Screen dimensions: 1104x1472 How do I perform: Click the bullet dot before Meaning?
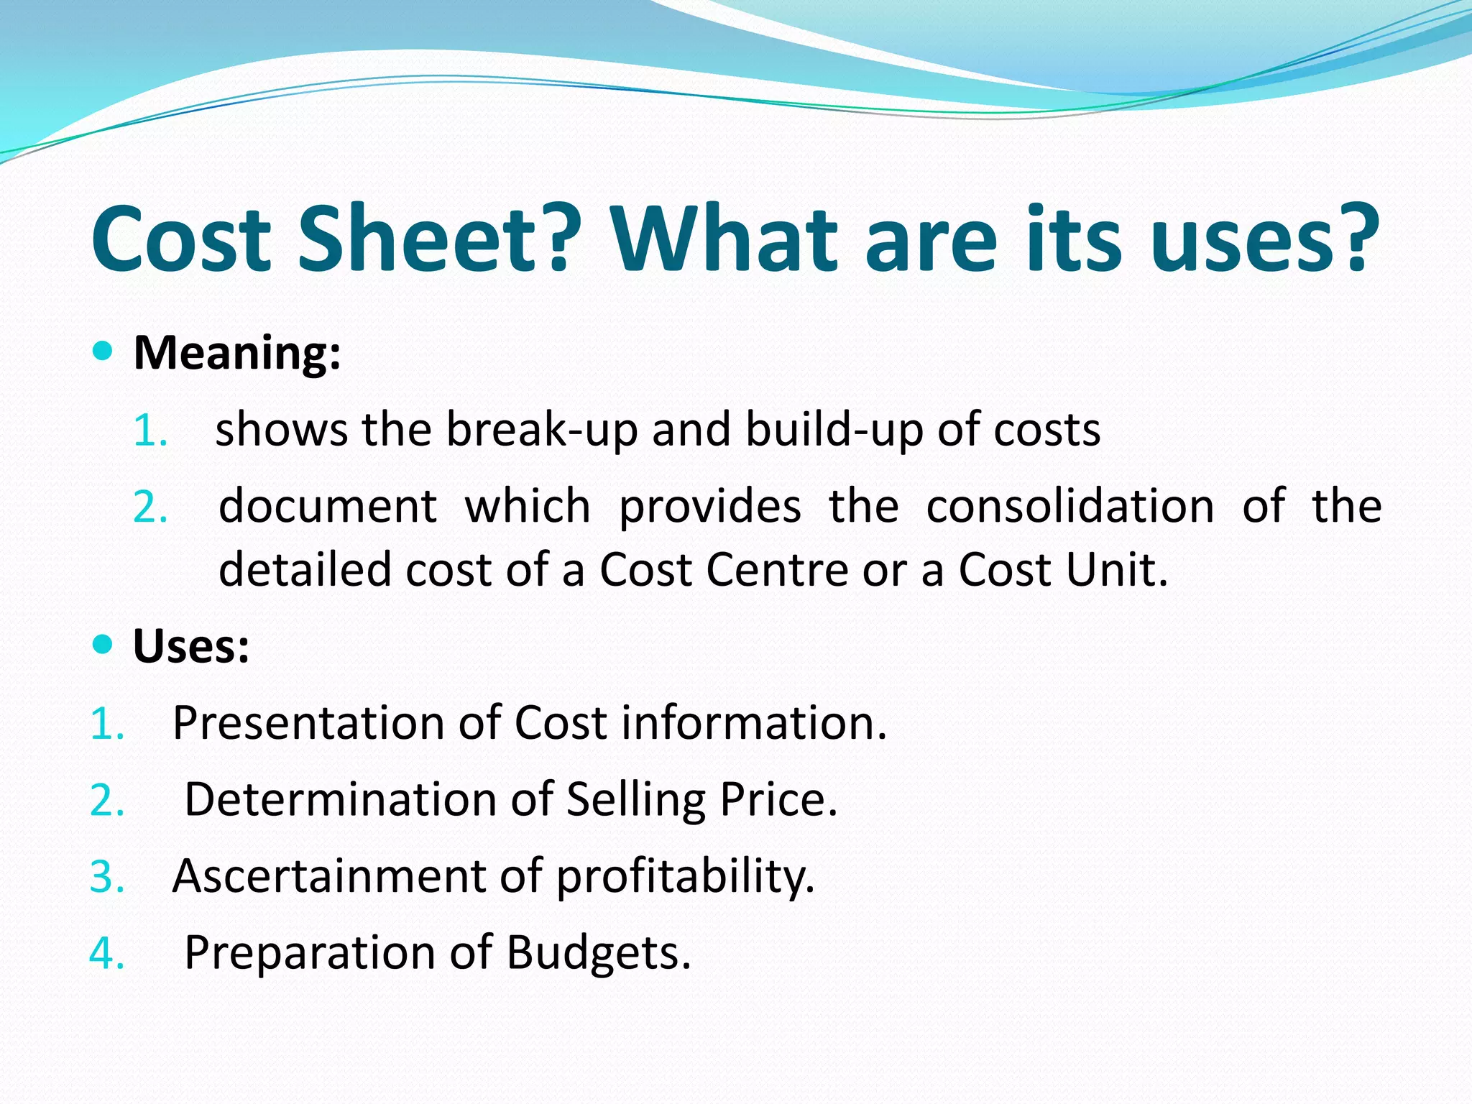[103, 351]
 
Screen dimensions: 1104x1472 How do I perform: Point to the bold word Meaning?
[237, 353]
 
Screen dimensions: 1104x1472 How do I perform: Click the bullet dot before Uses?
[103, 644]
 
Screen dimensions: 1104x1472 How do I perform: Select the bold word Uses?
[191, 646]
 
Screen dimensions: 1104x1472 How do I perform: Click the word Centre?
[777, 570]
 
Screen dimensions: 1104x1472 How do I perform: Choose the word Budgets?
[598, 953]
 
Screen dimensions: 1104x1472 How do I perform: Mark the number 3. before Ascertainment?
[107, 878]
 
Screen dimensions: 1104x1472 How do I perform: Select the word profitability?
[686, 876]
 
